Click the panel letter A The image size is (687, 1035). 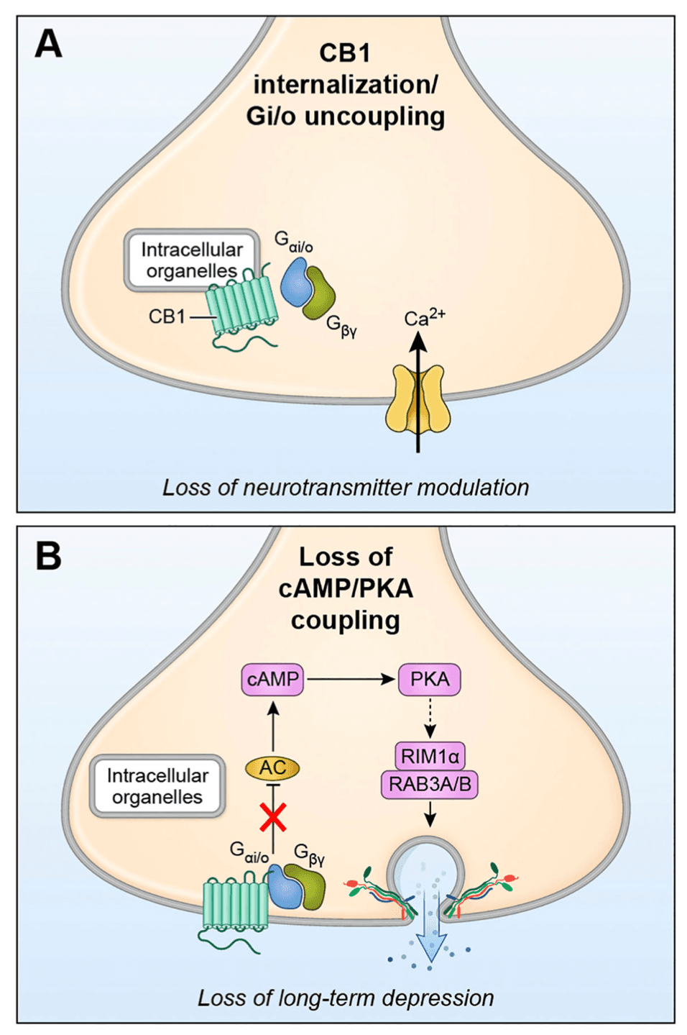tap(48, 44)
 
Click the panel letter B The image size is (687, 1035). tap(48, 556)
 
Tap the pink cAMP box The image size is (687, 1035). tap(272, 680)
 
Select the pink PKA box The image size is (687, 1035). tap(429, 680)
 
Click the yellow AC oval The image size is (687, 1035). tap(272, 768)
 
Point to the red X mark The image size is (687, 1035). tap(273, 816)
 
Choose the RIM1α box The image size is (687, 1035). tap(430, 757)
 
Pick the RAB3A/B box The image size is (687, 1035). tap(430, 784)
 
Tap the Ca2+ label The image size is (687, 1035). tap(424, 318)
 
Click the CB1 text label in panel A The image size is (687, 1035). tap(167, 316)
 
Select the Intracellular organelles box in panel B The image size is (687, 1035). tap(157, 786)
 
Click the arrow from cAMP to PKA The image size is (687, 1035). tap(350, 679)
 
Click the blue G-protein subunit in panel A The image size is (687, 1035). tap(294, 282)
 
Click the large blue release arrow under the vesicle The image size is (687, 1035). tap(430, 928)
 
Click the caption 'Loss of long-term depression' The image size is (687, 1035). tap(346, 998)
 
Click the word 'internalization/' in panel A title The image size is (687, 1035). tap(346, 85)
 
